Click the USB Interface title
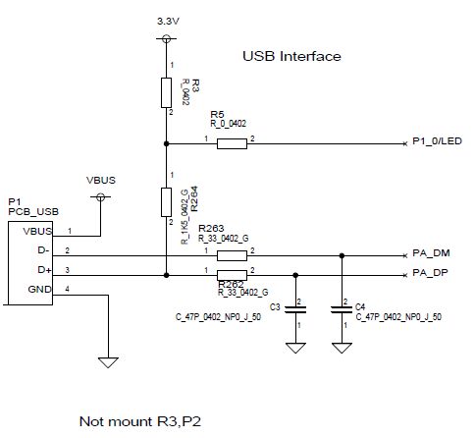pos(291,56)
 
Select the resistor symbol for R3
pos(166,92)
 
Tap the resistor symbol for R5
pos(232,144)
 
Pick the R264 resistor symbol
pos(166,202)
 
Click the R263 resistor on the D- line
pos(232,252)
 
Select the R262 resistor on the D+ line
pos(232,271)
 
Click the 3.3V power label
pos(166,20)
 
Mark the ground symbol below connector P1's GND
pos(107,361)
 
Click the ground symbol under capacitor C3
pos(293,347)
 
